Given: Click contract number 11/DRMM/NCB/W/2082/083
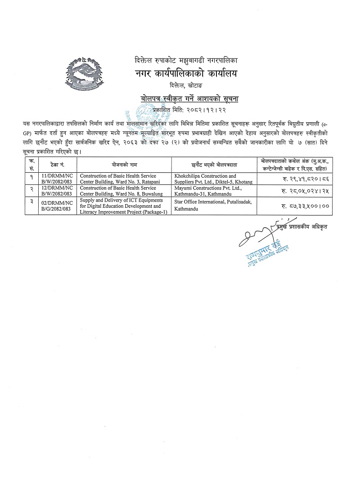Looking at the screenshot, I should tap(55, 179).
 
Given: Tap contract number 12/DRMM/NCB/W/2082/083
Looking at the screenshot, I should tap(55, 191).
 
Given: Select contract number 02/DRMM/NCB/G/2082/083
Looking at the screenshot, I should tap(55, 206).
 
